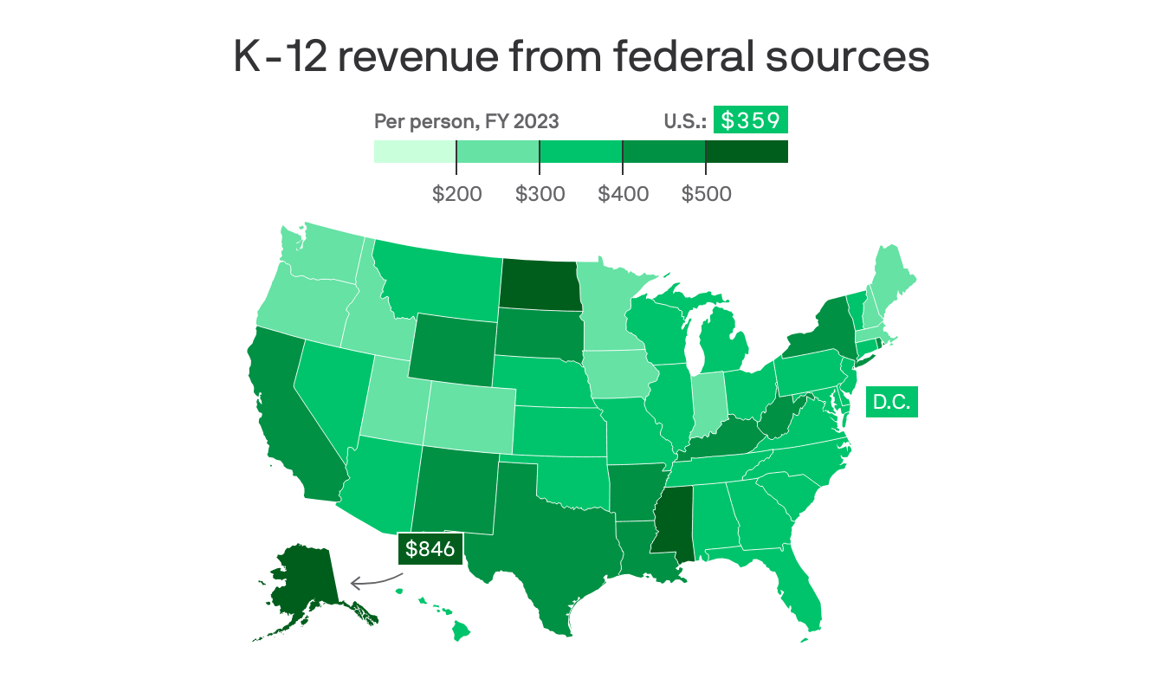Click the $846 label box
(x=431, y=549)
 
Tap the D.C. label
(x=892, y=403)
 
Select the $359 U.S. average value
(x=750, y=121)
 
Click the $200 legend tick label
(x=456, y=193)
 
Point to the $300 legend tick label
(x=540, y=193)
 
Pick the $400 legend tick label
(x=623, y=193)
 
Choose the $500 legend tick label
(x=706, y=193)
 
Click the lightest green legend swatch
(x=415, y=152)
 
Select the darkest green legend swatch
(x=747, y=152)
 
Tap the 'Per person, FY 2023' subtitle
(x=466, y=122)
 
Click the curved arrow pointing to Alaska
(x=372, y=581)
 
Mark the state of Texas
(x=541, y=537)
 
